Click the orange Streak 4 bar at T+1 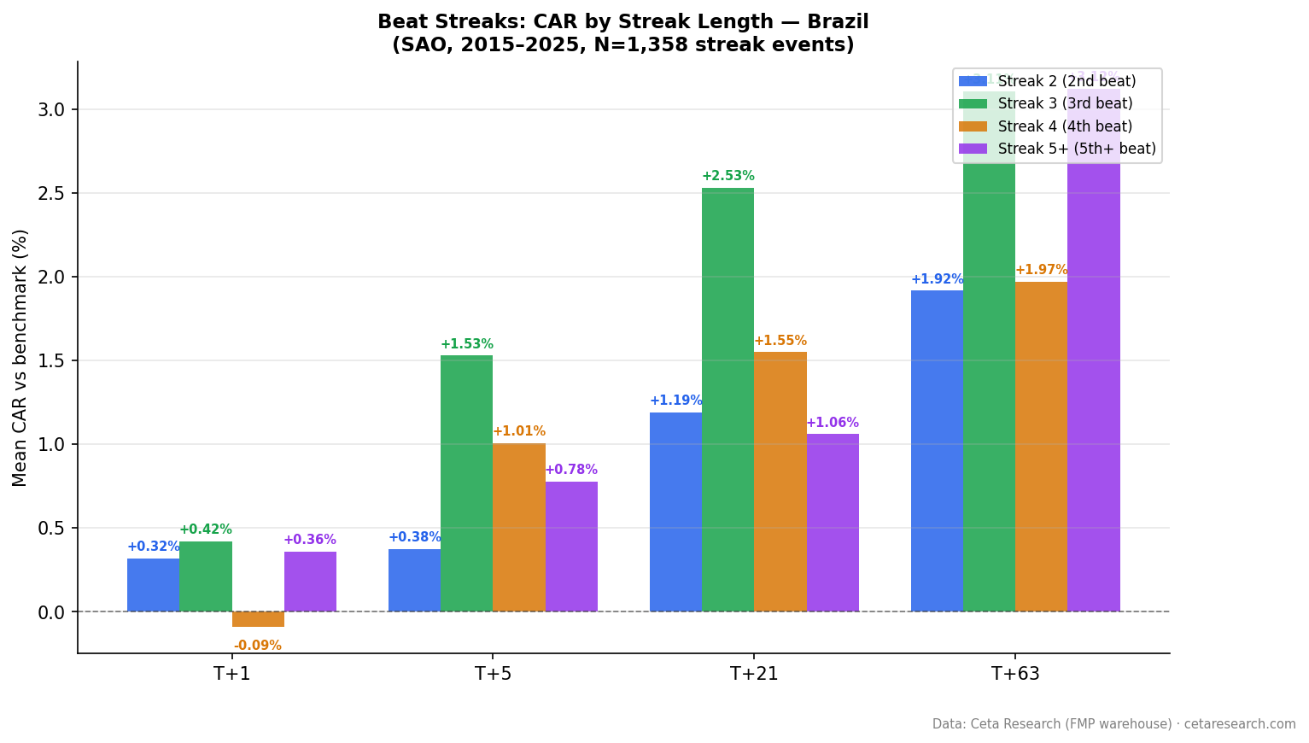pos(258,619)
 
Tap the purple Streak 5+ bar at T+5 pos(571,547)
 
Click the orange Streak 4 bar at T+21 pos(780,482)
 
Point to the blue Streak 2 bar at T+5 pos(414,580)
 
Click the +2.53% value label pos(728,176)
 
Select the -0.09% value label pos(258,646)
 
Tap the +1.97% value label pos(1041,270)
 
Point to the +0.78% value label pos(571,470)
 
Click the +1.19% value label pos(675,401)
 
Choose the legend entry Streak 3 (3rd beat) pos(1065,103)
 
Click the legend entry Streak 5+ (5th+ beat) pos(1076,149)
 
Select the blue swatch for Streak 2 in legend pos(973,81)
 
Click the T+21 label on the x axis pos(754,674)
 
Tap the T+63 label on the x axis pos(1015,674)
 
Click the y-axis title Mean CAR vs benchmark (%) pos(20,357)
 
